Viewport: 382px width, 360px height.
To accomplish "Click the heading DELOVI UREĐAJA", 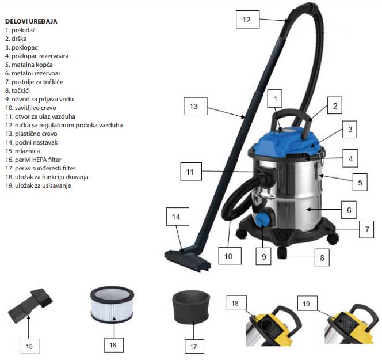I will (30, 21).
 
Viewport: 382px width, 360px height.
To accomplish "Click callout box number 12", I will (246, 20).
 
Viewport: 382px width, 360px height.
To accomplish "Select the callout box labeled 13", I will (194, 107).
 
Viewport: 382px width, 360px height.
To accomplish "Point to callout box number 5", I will (360, 183).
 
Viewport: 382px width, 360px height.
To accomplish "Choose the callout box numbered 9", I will (263, 256).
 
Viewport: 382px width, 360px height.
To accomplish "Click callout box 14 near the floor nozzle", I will (177, 217).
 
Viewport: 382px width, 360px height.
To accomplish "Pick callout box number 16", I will (113, 344).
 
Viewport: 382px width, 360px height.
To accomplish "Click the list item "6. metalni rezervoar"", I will (32, 73).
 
